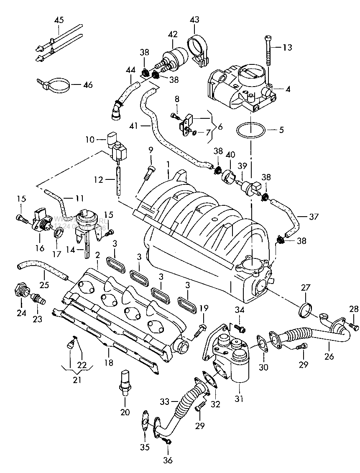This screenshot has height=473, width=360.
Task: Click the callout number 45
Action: click(x=59, y=20)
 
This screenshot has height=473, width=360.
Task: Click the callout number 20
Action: click(x=125, y=412)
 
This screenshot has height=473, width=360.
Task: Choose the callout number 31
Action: click(x=239, y=399)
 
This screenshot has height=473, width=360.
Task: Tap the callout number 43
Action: click(x=194, y=20)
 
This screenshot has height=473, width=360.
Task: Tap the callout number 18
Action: click(x=109, y=363)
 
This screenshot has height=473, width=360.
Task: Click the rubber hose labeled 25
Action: click(x=42, y=269)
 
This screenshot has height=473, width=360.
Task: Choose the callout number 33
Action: click(x=164, y=401)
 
